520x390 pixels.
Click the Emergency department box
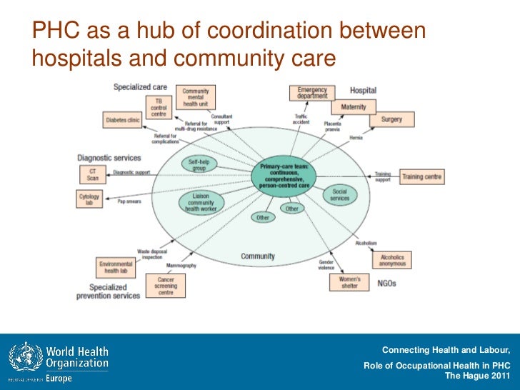click(x=312, y=94)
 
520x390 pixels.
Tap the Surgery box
click(x=391, y=119)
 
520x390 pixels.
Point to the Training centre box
click(x=421, y=176)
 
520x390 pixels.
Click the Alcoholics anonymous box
click(x=392, y=261)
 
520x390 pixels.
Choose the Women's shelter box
click(x=349, y=282)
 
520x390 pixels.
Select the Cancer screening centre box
click(x=165, y=286)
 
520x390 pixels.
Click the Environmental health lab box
click(x=115, y=268)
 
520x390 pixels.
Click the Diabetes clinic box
click(x=123, y=121)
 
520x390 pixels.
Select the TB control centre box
click(x=158, y=107)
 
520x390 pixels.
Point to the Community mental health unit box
click(x=196, y=98)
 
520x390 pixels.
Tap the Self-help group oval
click(x=199, y=165)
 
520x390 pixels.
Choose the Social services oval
click(x=340, y=194)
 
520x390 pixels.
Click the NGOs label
click(x=386, y=284)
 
